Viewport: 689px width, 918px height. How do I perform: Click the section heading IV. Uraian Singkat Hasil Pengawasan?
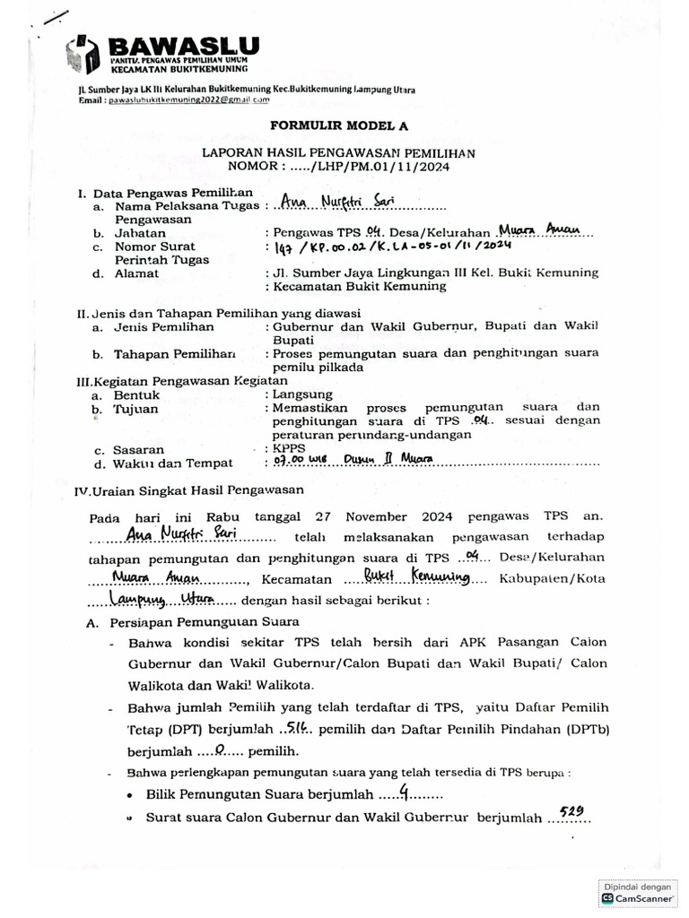(188, 489)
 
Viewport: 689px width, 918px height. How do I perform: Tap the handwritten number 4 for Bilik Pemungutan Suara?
(405, 792)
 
